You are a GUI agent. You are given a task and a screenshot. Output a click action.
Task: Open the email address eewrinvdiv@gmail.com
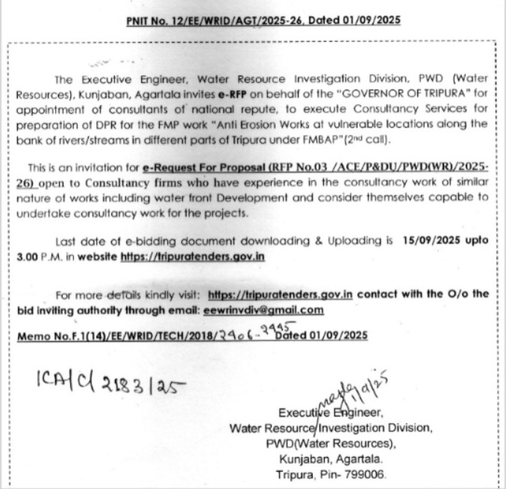262,309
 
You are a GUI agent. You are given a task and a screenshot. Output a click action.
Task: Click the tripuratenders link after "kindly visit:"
280,294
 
